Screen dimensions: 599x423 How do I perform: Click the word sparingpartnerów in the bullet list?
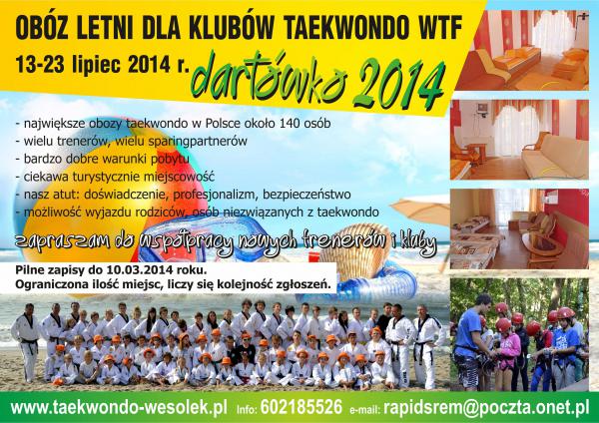[x=198, y=142]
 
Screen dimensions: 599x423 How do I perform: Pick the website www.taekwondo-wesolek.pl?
[x=119, y=407]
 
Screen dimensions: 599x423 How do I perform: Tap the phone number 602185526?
[x=301, y=407]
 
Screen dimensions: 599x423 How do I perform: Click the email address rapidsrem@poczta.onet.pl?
[x=486, y=407]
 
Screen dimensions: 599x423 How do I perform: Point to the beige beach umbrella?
[x=421, y=210]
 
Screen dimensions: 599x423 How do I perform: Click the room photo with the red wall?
[x=519, y=229]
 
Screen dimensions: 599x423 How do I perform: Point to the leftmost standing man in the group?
[x=27, y=341]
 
